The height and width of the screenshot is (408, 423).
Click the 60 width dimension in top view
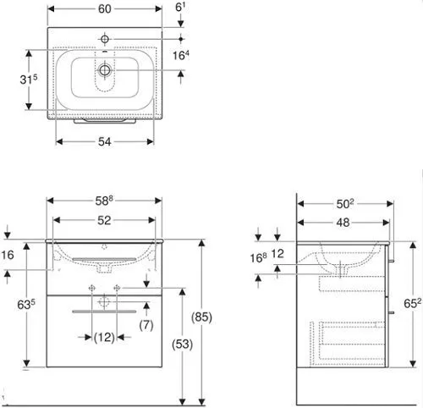coord(105,9)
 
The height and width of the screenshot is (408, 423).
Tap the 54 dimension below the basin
coord(105,141)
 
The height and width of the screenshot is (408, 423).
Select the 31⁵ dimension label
coord(29,80)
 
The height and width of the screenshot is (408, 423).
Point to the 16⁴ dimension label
coord(181,55)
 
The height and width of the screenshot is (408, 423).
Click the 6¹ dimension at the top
coord(180,8)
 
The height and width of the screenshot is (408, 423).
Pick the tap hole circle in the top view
coord(105,39)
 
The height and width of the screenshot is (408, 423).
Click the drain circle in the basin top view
coord(105,69)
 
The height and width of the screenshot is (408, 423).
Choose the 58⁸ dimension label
coord(104,201)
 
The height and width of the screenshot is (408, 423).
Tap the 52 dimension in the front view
coord(104,220)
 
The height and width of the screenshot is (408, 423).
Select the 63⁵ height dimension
coord(26,305)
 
